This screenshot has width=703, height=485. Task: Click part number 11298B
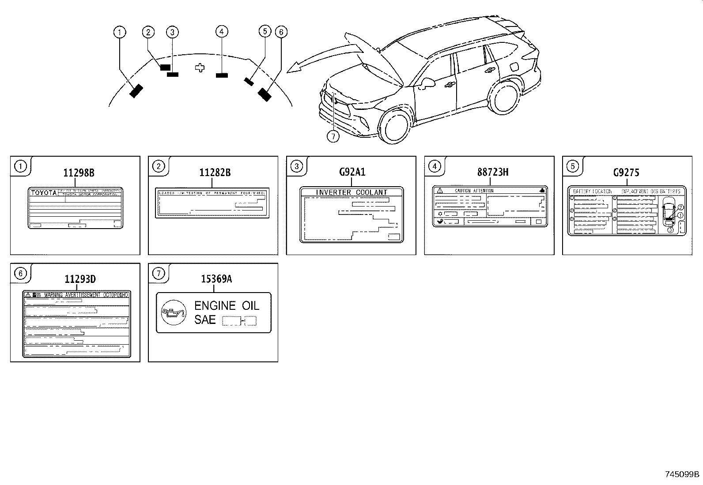point(79,173)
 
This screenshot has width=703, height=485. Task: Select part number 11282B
point(215,173)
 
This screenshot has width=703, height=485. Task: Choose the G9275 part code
point(626,173)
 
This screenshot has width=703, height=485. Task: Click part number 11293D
point(80,279)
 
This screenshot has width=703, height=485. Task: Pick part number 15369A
point(216,279)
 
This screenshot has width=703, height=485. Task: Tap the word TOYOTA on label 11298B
point(44,193)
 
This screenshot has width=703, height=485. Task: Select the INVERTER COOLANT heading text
point(351,192)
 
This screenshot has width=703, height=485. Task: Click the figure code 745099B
point(682,474)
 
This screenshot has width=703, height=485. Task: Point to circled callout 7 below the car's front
point(333,136)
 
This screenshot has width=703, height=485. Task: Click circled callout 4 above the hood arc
point(222,31)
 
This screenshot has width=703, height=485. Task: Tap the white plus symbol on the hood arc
point(200,68)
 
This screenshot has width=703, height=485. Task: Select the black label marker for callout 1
point(136,90)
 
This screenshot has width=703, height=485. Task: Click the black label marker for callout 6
point(265,94)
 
